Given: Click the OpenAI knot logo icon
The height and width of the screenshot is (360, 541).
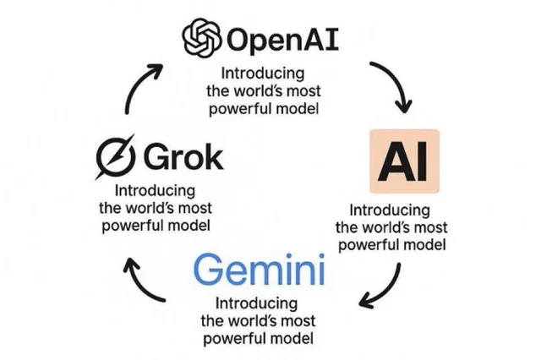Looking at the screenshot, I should pyautogui.click(x=202, y=39).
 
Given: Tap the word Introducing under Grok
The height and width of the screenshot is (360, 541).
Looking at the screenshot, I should pyautogui.click(x=155, y=191).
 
